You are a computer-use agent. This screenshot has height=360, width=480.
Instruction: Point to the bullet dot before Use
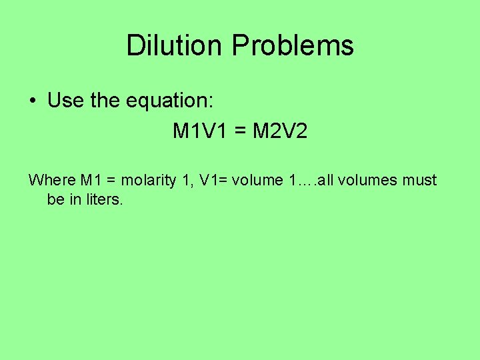(x=32, y=101)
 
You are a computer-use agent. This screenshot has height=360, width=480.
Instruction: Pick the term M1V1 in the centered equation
(x=206, y=131)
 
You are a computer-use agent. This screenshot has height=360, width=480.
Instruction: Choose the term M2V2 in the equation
(x=281, y=131)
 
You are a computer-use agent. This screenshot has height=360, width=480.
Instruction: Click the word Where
(x=52, y=180)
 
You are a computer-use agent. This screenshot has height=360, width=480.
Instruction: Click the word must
(x=420, y=180)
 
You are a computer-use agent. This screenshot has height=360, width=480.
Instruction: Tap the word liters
(x=103, y=199)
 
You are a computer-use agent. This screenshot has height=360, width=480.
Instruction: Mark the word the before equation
(x=103, y=101)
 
